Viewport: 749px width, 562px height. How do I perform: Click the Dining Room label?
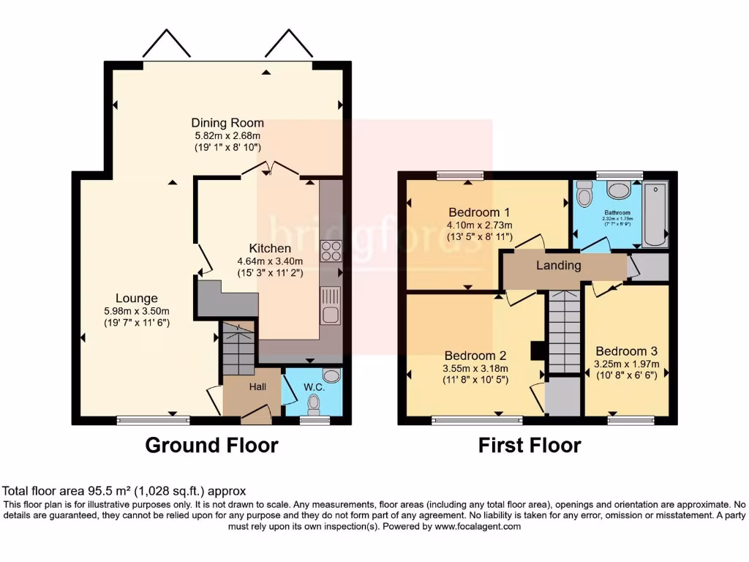(227, 123)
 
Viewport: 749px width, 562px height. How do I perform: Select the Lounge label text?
(136, 299)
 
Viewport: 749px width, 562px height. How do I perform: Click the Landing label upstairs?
(559, 266)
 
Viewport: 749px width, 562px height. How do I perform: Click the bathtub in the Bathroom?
(655, 214)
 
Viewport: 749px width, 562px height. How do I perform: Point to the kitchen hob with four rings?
(331, 251)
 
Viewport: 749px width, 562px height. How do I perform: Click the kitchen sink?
(330, 306)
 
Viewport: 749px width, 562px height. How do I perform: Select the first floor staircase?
(563, 329)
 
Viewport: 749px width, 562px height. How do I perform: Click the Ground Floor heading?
(212, 445)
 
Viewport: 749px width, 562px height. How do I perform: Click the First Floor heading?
(530, 445)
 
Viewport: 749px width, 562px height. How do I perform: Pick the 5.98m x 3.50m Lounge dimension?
(136, 311)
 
